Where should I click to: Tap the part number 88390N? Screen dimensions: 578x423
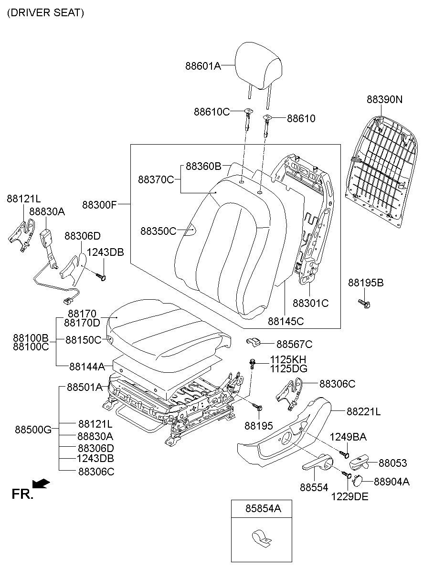[384, 99]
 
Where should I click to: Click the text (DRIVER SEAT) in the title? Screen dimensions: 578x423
[45, 13]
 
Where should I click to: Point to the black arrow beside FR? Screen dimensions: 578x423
[43, 484]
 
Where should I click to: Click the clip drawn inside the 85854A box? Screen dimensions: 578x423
[260, 538]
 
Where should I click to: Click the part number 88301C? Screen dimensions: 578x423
[310, 303]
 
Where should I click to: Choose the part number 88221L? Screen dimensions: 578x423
[363, 411]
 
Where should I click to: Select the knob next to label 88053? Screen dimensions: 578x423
[360, 462]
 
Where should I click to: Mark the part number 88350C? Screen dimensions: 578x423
[158, 231]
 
